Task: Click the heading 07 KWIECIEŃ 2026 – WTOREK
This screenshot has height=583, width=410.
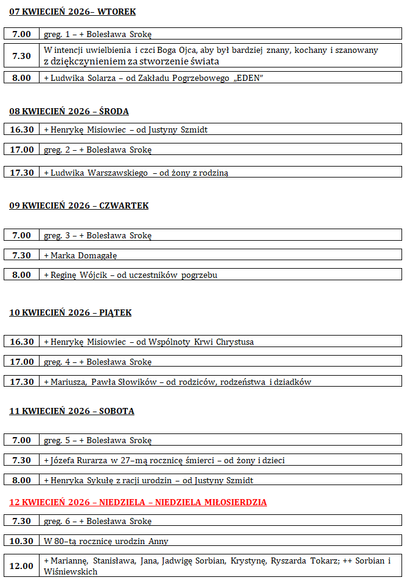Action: pos(72,12)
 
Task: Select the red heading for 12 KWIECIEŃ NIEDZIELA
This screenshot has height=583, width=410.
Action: pos(138,502)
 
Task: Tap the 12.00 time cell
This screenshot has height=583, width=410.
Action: pos(22,565)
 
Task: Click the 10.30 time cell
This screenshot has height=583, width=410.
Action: pos(22,540)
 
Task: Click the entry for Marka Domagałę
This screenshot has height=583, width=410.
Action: pos(80,255)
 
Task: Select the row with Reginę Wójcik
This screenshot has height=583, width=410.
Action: pos(131,275)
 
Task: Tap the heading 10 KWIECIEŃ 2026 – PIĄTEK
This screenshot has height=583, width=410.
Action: pos(71,312)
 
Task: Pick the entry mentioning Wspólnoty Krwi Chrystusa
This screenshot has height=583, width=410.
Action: pos(149,342)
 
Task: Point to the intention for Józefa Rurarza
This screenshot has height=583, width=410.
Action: pos(164,460)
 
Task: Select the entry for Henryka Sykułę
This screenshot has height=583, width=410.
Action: pos(148,480)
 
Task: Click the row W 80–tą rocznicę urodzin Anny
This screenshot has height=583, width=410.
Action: pos(106,541)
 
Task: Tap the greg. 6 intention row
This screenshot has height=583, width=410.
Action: pos(98,520)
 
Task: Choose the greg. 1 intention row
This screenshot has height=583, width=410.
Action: pos(98,34)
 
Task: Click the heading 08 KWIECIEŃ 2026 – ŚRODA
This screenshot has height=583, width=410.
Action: pos(69,111)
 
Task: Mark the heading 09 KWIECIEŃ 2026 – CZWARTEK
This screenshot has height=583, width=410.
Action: pos(79,205)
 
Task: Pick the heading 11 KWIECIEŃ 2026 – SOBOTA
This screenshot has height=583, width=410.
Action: pos(72,411)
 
